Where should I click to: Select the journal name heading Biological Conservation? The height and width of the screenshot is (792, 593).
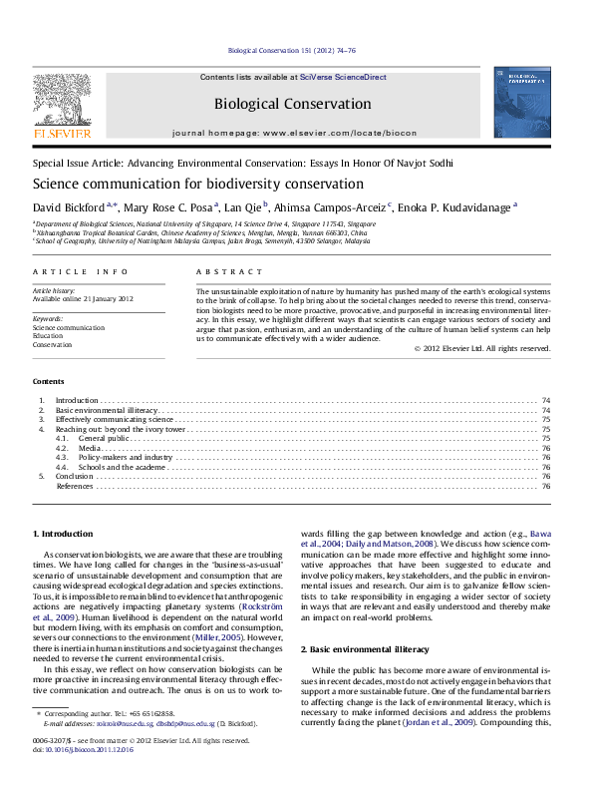click(x=292, y=104)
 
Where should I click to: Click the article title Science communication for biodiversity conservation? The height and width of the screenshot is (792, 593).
click(x=184, y=185)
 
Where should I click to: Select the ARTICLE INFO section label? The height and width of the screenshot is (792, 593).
click(x=80, y=271)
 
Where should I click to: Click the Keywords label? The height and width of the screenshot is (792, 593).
click(x=48, y=318)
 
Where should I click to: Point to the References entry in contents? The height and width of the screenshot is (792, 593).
click(x=75, y=486)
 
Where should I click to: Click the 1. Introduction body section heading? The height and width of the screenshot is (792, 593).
click(x=63, y=535)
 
